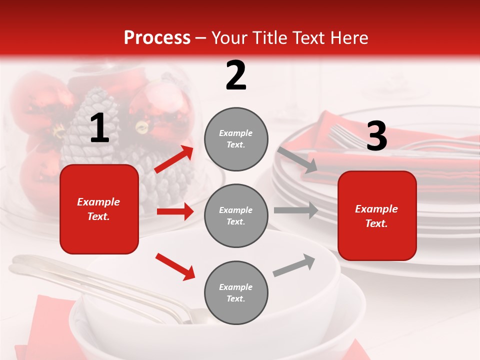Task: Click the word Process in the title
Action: (157, 38)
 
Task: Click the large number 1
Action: (99, 128)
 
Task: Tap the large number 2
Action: (236, 75)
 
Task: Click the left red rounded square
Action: (99, 209)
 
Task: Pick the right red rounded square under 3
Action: (377, 215)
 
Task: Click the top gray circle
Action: (236, 139)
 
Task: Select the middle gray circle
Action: (236, 215)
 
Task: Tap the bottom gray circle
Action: (236, 292)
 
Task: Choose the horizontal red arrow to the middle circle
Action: (175, 211)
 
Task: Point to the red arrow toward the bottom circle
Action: (175, 266)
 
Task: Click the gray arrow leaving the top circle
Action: (297, 159)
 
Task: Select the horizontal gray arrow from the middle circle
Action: (295, 210)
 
